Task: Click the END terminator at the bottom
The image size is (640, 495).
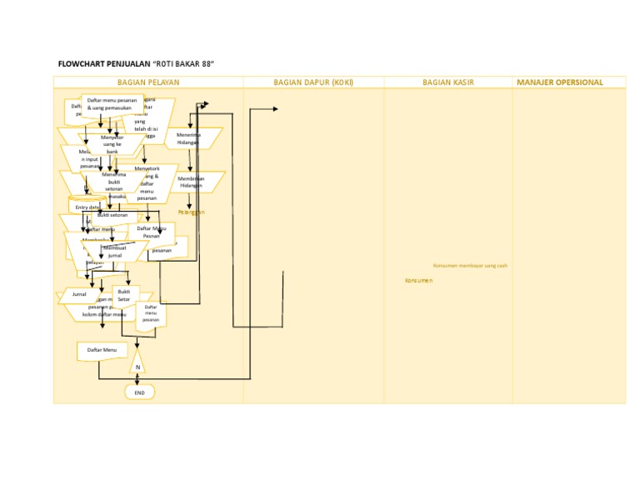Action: [139, 392]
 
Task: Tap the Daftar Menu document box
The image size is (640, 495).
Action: [102, 351]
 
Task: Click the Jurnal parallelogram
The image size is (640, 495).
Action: [79, 295]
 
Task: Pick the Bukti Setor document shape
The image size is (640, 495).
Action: [123, 296]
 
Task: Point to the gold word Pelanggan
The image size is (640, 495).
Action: [191, 212]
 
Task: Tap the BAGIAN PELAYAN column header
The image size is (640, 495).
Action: [148, 82]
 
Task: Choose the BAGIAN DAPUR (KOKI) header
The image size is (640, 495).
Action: [313, 82]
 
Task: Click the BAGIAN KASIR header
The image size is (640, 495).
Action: [448, 82]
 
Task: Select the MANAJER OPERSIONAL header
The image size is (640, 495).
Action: [560, 82]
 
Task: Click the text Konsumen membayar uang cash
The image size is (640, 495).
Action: [470, 265]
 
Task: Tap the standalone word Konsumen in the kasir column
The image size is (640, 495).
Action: [418, 281]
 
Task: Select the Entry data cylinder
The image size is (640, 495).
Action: [87, 206]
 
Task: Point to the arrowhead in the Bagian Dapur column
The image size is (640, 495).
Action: [275, 109]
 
